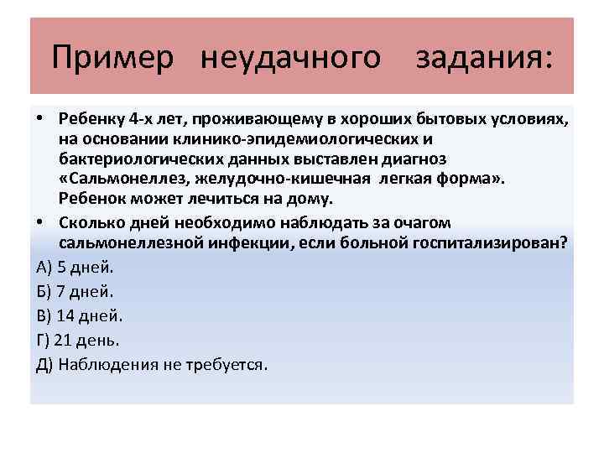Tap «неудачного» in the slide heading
290,58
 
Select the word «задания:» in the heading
484,58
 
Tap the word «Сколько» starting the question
90,221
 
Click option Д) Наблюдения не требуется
151,364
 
